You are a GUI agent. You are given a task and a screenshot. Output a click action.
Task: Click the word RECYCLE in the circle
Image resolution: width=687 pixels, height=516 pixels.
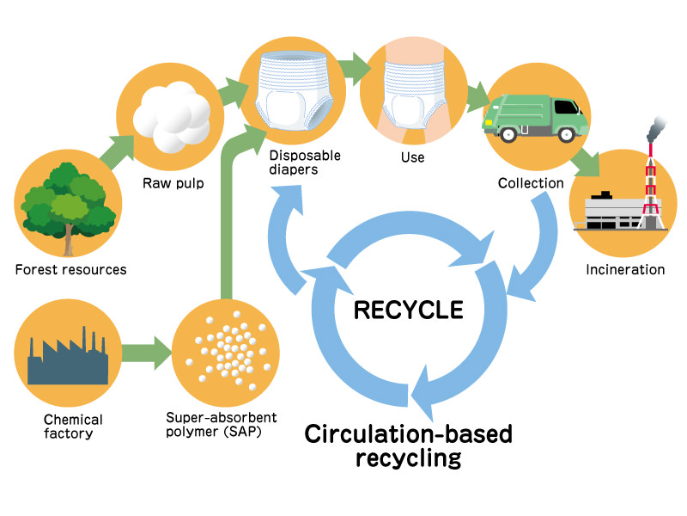tap(408, 310)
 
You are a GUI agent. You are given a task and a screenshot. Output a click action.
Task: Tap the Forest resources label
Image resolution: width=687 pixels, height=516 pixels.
tap(70, 270)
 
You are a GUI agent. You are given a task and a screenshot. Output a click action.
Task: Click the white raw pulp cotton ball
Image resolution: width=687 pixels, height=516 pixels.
tap(175, 114)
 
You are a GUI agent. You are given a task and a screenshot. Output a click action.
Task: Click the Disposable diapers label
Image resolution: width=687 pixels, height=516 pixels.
tap(304, 163)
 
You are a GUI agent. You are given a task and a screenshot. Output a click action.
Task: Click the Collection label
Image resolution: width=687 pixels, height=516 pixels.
tap(531, 183)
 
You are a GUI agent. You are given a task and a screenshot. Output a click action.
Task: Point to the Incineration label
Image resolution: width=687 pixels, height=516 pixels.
tap(625, 270)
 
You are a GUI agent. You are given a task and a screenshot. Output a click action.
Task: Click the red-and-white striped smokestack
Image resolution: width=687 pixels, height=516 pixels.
tap(654, 185)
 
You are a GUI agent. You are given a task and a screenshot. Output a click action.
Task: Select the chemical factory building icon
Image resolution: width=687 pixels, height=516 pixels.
tap(68, 356)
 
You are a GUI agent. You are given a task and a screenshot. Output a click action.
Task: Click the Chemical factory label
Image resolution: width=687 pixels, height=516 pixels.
tap(72, 427)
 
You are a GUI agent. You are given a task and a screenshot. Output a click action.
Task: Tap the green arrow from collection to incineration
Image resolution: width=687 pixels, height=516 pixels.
tap(586, 159)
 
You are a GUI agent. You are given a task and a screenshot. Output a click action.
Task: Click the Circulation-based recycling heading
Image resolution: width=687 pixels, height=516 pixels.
tap(408, 445)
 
